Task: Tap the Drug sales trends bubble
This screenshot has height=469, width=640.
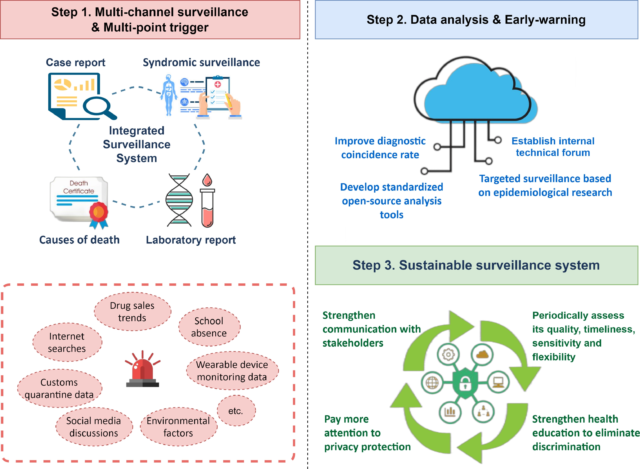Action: [x=132, y=311]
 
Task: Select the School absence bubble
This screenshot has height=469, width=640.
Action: [x=209, y=327]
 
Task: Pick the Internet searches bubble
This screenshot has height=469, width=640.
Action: [x=67, y=342]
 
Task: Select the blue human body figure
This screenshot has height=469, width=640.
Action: [x=169, y=95]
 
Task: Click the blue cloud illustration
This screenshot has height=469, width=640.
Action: [x=477, y=92]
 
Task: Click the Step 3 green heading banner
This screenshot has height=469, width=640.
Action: [x=476, y=265]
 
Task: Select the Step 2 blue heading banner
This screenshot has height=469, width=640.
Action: [x=476, y=20]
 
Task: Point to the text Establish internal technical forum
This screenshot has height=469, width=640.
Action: [x=553, y=147]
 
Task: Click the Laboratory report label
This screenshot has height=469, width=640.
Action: [x=191, y=240]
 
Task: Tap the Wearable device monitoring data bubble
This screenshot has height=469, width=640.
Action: [x=232, y=371]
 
